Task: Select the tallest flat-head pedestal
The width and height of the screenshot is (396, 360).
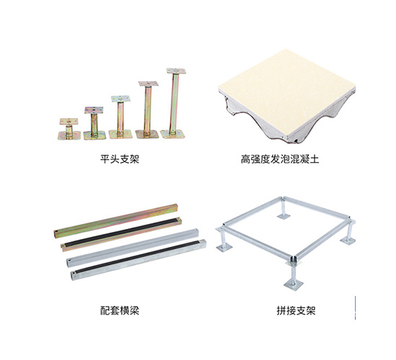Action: [174, 103]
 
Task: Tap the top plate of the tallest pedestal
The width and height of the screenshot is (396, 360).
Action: [176, 71]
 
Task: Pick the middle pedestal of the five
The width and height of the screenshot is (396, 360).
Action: [120, 117]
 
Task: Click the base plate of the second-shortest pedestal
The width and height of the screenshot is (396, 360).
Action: [94, 135]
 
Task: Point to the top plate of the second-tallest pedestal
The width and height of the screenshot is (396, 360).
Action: [148, 84]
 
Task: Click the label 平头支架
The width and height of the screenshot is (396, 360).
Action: [120, 159]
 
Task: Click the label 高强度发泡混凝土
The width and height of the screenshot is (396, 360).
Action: [280, 159]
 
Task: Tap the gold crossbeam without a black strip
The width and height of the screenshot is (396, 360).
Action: [117, 220]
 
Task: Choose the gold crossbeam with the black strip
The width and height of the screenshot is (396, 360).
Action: [121, 234]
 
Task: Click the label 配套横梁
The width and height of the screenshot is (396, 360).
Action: [120, 310]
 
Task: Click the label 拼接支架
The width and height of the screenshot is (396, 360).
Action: [296, 310]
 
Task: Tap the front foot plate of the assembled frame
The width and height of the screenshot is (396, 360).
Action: [293, 284]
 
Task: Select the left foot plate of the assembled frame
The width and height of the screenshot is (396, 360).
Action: [224, 248]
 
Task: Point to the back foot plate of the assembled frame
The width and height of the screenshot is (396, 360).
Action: [284, 216]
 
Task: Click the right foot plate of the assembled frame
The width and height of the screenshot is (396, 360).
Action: [348, 240]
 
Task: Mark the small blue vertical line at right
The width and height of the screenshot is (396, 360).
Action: [355, 307]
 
